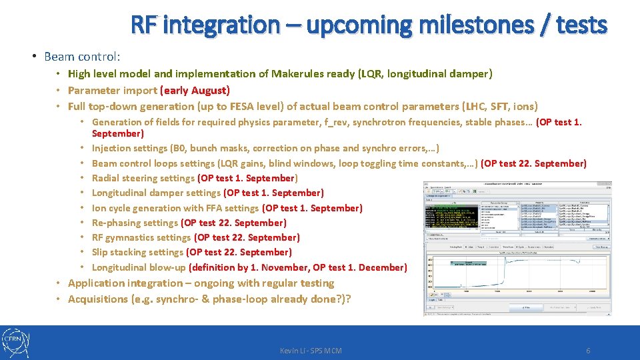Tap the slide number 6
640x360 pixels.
click(x=588, y=351)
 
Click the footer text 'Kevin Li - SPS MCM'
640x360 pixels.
click(x=311, y=351)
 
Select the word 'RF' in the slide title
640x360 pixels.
click(x=144, y=25)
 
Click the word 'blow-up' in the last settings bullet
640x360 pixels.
click(x=169, y=267)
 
